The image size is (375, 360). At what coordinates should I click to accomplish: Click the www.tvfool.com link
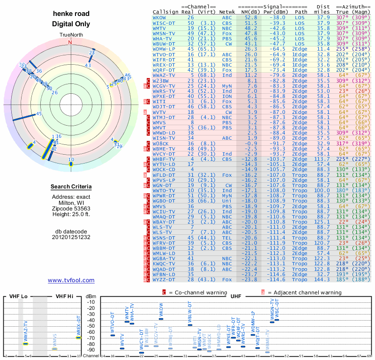point(71,280)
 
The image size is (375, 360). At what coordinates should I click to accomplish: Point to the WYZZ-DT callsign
point(164,279)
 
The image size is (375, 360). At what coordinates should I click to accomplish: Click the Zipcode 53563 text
point(71,208)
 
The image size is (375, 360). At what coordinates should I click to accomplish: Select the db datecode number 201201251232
point(71,237)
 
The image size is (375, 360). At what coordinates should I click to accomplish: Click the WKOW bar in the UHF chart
point(161,319)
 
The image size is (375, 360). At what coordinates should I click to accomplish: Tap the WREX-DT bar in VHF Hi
point(79,337)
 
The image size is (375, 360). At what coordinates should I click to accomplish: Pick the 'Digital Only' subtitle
point(71,24)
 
